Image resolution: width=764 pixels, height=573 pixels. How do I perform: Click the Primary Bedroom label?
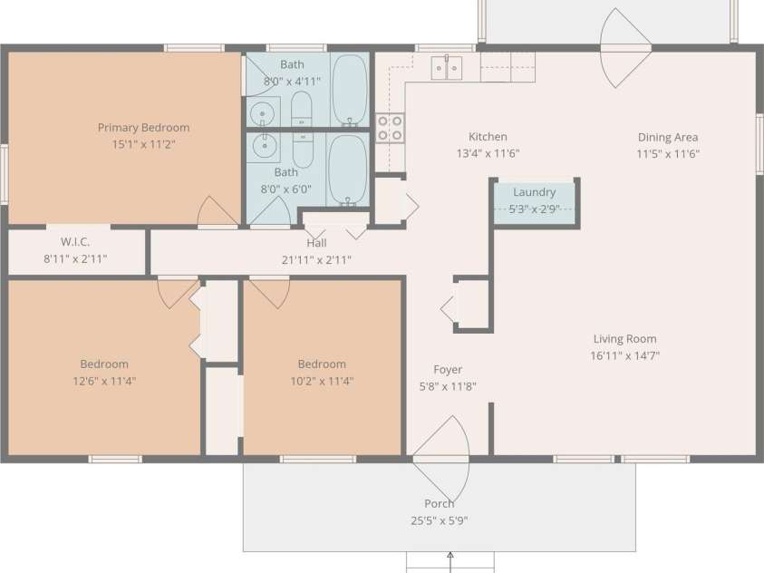(x=143, y=128)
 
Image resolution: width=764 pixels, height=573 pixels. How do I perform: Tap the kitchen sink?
(x=446, y=68)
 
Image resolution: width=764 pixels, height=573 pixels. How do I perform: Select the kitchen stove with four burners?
(x=390, y=128)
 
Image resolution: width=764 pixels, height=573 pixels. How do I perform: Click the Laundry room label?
(x=534, y=192)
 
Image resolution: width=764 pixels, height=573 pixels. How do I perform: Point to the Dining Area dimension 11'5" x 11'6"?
(x=668, y=154)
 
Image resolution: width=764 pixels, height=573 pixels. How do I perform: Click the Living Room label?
(x=624, y=339)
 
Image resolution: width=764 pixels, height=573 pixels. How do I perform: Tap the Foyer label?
(x=448, y=370)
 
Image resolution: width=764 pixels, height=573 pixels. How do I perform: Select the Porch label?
(x=439, y=504)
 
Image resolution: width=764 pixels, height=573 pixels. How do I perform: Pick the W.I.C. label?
(x=75, y=242)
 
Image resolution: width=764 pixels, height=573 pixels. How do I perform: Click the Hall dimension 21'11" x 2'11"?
(x=316, y=260)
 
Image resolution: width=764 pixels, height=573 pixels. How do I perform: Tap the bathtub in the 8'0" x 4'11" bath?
(x=349, y=90)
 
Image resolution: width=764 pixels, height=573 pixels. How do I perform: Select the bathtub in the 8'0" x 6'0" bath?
(x=347, y=170)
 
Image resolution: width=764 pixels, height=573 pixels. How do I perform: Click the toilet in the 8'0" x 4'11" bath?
(x=302, y=109)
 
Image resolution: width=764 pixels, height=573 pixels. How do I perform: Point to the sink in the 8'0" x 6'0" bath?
(x=264, y=146)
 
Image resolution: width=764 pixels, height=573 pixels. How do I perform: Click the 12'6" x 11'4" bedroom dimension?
(x=104, y=381)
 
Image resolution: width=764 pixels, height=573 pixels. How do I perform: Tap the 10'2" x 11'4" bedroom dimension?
(x=322, y=381)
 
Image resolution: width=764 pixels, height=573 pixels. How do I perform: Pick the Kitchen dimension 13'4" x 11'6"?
(x=488, y=153)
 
